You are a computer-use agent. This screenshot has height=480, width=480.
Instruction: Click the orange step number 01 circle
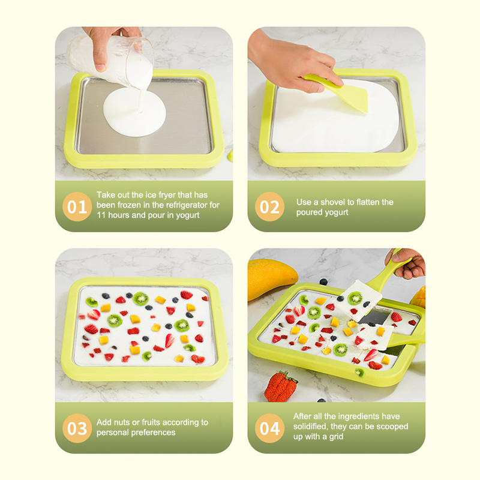77,206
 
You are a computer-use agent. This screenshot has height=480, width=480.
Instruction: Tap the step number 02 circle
269,206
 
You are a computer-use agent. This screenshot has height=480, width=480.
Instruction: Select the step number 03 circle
77,428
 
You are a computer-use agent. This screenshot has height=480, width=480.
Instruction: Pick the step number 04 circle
269,428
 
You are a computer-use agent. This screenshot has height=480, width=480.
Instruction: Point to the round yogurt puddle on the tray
134,112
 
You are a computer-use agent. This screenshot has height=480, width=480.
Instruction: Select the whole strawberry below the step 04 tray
280,386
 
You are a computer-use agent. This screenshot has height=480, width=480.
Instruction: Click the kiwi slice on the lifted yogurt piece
355,298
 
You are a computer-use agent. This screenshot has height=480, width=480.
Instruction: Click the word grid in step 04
336,437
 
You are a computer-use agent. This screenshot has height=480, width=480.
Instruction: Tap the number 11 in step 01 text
101,215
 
